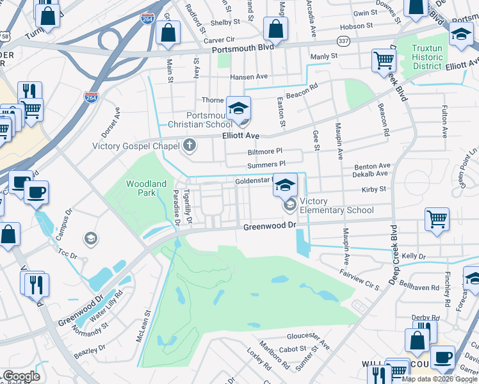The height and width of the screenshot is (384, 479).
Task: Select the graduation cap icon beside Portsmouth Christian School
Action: pos(238,109)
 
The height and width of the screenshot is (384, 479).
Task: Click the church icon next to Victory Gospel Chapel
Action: pos(189,146)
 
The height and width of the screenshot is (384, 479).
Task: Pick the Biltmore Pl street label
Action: pos(264,152)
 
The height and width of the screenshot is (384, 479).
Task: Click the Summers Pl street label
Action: pos(265,166)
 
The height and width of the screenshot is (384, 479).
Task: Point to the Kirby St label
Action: pos(373,189)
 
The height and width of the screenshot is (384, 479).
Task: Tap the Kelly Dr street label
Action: pos(413,256)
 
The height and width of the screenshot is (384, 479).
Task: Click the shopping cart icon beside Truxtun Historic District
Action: pos(384,61)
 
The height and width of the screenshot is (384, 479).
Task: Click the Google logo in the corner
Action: pos(21,376)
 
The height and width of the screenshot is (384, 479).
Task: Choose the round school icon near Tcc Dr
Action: pos(91,238)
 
